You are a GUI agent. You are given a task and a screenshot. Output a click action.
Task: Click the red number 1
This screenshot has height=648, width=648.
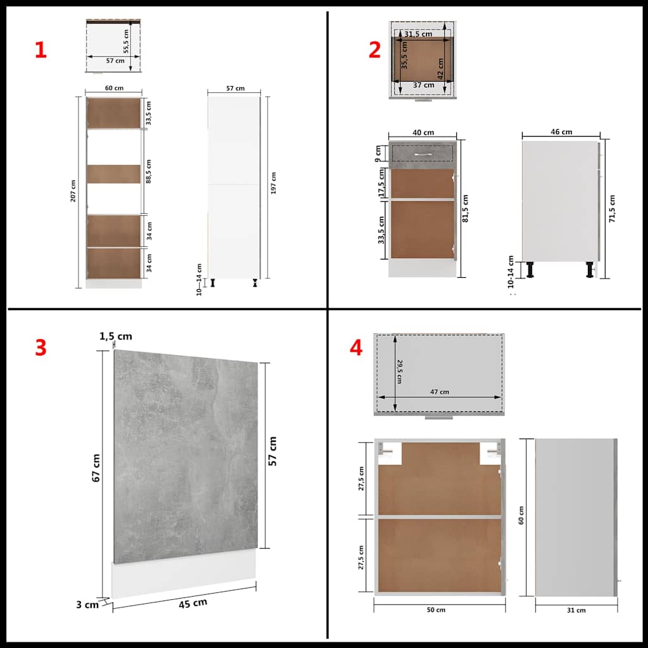pos(40,50)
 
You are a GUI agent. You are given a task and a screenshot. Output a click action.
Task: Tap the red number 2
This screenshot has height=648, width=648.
pos(375,50)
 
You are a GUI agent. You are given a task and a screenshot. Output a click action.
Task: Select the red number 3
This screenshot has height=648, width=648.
pos(40,347)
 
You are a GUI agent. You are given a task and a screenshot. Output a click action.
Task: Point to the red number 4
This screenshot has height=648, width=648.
pos(356,347)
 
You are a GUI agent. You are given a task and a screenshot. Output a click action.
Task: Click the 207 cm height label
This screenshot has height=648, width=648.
pos(73,191)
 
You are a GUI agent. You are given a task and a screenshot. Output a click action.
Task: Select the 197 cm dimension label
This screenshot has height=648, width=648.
pos(273,183)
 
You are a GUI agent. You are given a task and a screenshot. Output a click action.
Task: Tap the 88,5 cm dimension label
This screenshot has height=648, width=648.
pos(148,171)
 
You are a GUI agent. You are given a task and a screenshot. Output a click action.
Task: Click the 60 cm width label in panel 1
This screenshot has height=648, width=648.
pos(114,88)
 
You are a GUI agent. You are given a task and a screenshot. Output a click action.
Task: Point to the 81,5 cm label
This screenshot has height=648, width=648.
pos(465,209)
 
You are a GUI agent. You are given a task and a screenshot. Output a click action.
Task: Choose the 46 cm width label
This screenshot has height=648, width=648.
pos(561,132)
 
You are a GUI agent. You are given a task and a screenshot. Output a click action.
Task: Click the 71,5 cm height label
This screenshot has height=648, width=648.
pos(612,209)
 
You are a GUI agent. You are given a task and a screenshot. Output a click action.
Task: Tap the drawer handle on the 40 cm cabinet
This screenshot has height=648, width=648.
pos(423,154)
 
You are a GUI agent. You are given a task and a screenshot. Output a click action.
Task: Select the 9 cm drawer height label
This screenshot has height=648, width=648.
pos(378,153)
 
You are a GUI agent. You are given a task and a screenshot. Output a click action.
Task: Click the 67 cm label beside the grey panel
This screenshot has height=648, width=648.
pos(96,468)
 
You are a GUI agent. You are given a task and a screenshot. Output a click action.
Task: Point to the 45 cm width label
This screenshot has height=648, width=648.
pos(193,603)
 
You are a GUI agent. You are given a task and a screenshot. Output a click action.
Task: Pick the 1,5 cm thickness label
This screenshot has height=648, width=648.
pos(116,337)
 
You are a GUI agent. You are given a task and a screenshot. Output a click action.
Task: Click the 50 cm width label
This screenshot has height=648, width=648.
pos(436,609)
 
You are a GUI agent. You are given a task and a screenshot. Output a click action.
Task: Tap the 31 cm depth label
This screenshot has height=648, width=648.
pos(576,610)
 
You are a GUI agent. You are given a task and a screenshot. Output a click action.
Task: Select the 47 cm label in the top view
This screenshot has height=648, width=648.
pos(439,392)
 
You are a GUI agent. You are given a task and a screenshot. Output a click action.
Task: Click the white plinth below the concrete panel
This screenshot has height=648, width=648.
pos(184,575)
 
